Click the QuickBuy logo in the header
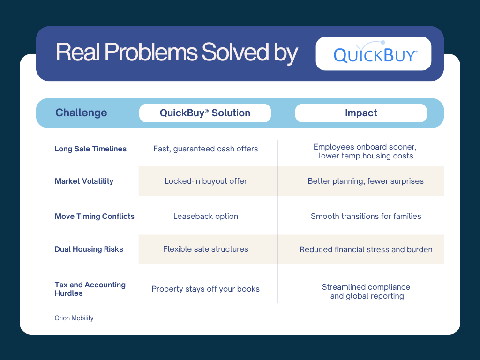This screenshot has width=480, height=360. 374,54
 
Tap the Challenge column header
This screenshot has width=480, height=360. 81,113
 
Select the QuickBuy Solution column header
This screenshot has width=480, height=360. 205,113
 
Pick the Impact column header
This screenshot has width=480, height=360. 361,113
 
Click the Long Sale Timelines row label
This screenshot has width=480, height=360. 90,149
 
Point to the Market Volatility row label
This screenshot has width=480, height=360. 84,181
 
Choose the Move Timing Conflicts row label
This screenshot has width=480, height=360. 94,217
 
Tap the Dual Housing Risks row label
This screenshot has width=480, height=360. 89,249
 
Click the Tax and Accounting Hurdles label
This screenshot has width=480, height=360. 90,289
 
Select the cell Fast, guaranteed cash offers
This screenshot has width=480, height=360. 206,149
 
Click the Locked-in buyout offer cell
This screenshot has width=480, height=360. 206,181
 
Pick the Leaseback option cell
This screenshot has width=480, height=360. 206,217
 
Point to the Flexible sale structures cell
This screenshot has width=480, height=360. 206,249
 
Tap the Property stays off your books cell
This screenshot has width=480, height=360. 206,289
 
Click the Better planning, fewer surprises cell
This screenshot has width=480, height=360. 366,181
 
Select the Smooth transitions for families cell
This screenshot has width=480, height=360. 366,217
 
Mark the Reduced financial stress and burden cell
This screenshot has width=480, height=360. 366,250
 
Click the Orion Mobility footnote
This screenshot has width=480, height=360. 74,318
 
